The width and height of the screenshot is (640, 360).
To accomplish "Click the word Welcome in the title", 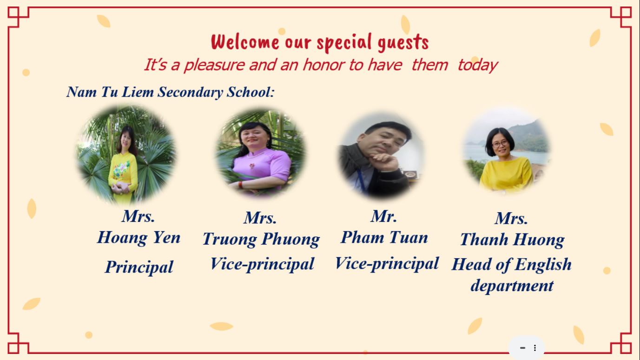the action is click(x=245, y=42).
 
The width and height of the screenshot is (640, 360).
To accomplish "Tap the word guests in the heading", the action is click(x=403, y=43).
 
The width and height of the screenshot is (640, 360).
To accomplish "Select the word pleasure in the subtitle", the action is click(x=214, y=65).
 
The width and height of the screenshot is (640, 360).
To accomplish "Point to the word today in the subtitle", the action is click(x=478, y=66).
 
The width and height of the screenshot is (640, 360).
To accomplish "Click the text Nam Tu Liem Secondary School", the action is click(x=170, y=92).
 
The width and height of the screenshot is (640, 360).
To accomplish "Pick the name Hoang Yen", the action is click(x=139, y=238).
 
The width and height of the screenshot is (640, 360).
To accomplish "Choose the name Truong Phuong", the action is click(x=261, y=240).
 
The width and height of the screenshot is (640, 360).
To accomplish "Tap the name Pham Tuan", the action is click(x=384, y=237).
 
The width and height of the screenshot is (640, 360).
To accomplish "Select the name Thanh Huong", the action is click(x=512, y=240).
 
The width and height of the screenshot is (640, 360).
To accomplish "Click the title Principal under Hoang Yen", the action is click(x=139, y=267).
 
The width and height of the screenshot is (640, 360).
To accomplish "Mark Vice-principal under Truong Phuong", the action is click(x=262, y=264).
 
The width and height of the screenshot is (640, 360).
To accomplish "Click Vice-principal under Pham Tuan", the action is click(x=387, y=264).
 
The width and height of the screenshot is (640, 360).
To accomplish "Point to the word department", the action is click(x=512, y=286).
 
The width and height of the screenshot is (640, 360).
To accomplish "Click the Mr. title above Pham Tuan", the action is click(x=384, y=216).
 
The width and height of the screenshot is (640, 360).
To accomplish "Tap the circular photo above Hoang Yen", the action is click(x=126, y=154).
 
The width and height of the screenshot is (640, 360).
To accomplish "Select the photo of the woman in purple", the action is click(x=261, y=153).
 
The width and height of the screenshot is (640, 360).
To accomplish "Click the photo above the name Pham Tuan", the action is click(x=381, y=156).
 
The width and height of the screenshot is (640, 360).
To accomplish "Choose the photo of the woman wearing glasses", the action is click(x=506, y=151).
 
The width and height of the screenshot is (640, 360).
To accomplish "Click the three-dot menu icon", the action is click(x=535, y=348).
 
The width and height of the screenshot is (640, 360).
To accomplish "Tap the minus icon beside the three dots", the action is click(x=522, y=348).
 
